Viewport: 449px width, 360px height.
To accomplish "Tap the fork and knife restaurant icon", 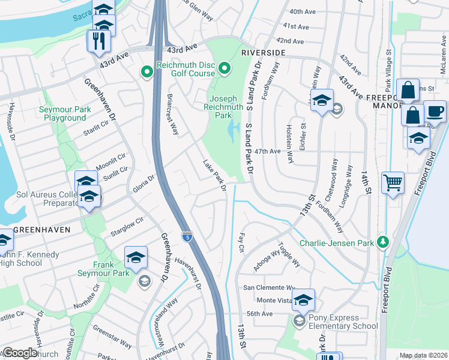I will (97, 41).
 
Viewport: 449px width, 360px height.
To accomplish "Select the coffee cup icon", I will (435, 111).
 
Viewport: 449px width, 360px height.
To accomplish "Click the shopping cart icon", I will (393, 181).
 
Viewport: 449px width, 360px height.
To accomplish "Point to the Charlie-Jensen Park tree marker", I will (381, 242).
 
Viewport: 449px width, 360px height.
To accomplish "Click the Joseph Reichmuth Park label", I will (226, 106).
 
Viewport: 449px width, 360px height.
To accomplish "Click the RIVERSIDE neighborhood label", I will (263, 53).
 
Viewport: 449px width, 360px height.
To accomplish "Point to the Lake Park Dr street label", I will (214, 176).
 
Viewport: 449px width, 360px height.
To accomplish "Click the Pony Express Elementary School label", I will (344, 322).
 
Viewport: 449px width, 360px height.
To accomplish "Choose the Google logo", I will (20, 353).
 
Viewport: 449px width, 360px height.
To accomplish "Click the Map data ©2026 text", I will (423, 355).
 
